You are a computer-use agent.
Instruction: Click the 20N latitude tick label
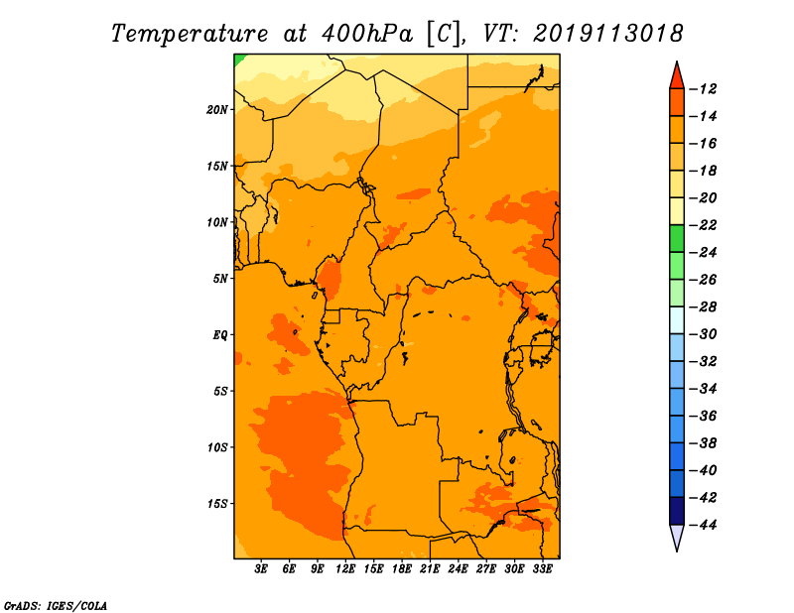(217, 109)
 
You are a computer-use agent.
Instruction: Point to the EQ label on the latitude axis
(219, 335)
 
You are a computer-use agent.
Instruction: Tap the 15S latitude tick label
(217, 504)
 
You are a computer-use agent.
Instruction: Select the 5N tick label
(220, 279)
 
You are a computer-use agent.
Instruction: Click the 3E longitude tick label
(261, 569)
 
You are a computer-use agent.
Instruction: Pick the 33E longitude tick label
(542, 569)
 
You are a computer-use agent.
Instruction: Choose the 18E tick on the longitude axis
(402, 569)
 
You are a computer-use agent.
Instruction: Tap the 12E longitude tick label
(345, 569)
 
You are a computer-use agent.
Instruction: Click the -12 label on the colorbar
(704, 89)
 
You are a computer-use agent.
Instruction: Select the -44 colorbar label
(704, 525)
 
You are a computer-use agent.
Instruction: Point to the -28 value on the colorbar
(704, 307)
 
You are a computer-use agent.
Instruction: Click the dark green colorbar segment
(677, 239)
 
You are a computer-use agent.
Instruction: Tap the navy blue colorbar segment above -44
(677, 511)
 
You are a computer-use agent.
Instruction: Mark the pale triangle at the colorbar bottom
(677, 536)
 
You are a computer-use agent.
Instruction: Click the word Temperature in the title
(190, 34)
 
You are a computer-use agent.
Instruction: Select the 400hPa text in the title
(367, 34)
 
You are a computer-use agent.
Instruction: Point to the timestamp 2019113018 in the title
(608, 34)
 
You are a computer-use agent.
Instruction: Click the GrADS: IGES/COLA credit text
(56, 606)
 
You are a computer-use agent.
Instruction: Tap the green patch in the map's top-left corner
(238, 59)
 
